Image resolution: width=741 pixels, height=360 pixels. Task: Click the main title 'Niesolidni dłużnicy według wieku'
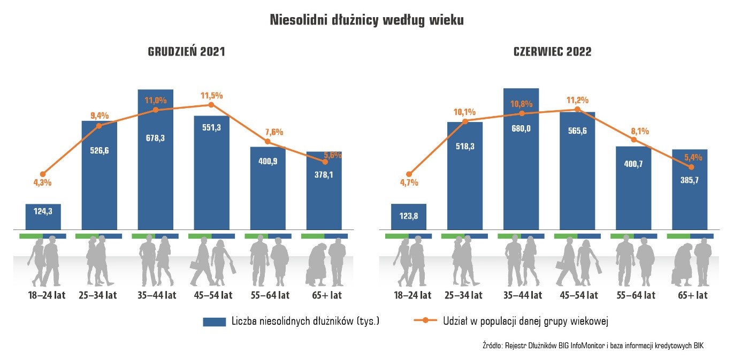(x=366, y=20)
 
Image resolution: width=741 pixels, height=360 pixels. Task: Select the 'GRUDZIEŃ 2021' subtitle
(x=186, y=52)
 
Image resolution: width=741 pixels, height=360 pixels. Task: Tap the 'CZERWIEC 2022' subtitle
(x=552, y=52)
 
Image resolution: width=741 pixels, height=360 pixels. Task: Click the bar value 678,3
(x=156, y=137)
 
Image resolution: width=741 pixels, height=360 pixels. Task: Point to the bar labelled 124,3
(x=43, y=217)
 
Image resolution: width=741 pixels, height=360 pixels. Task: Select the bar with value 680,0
(x=521, y=160)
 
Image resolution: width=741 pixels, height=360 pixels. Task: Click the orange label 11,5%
(x=212, y=96)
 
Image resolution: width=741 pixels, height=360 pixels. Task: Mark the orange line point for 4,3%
(x=43, y=174)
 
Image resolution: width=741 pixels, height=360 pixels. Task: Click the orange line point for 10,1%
(x=465, y=121)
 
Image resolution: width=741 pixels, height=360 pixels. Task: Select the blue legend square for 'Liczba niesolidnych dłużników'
(x=215, y=321)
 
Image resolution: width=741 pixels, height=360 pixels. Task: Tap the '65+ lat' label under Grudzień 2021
(x=324, y=295)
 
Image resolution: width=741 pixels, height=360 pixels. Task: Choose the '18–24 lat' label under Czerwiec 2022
(x=409, y=295)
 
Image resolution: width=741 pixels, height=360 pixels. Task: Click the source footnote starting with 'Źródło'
(x=593, y=346)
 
